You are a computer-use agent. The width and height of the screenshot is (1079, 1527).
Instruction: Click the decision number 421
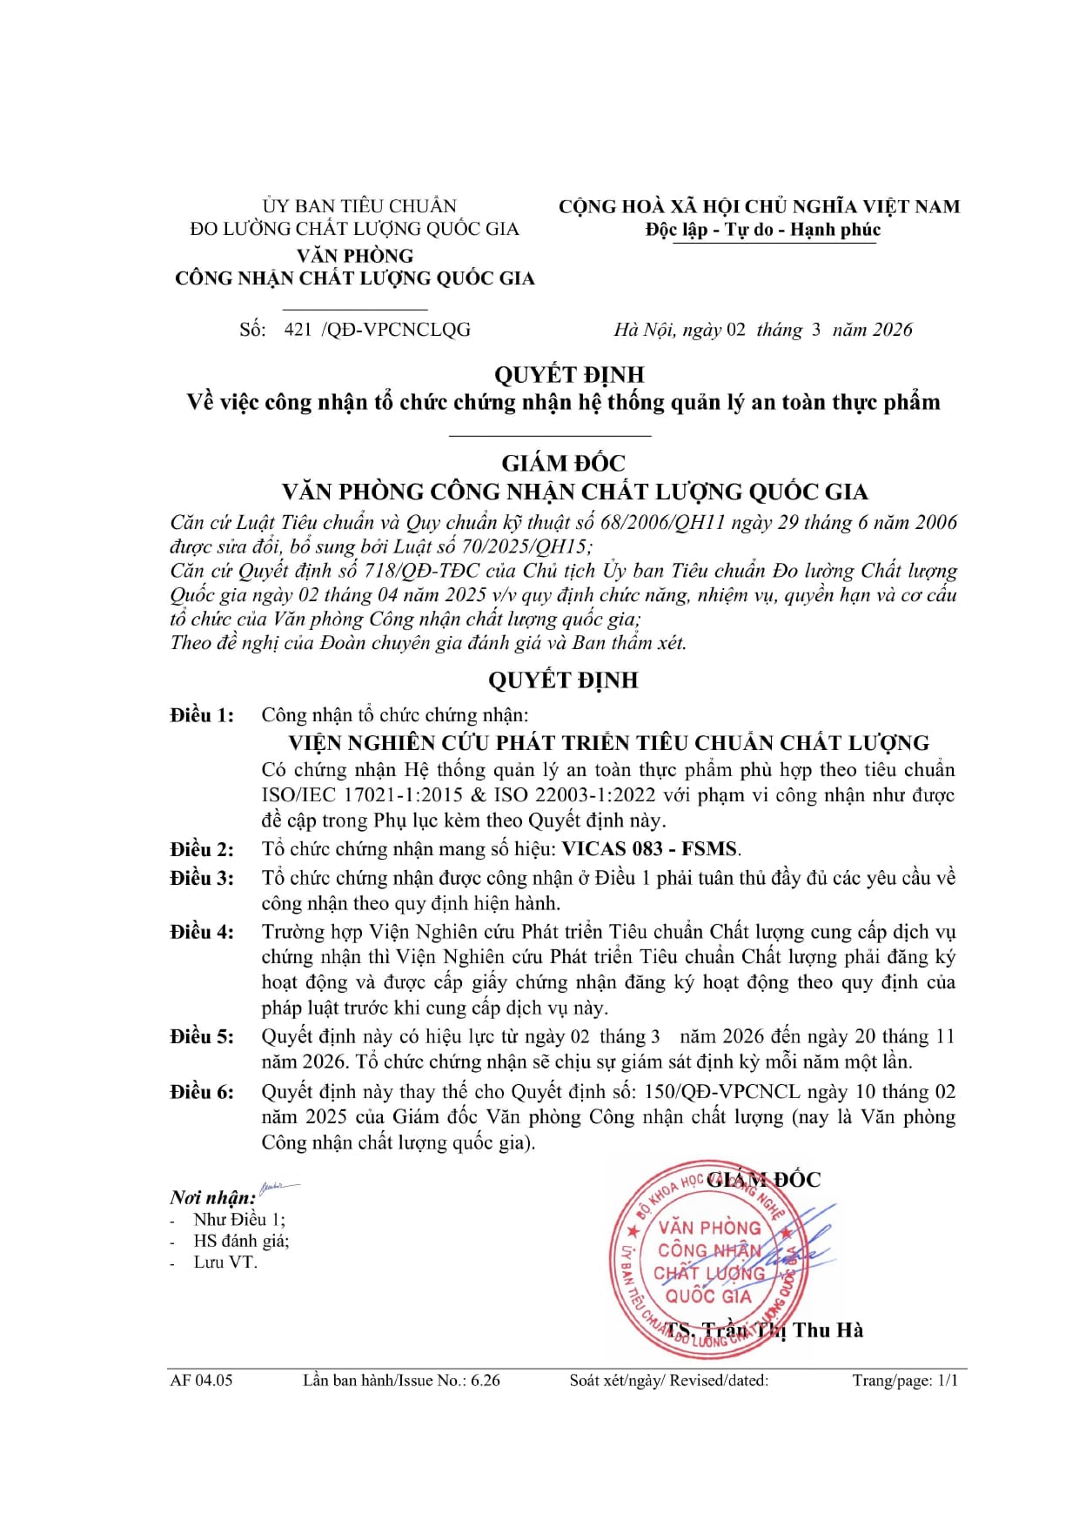click(x=298, y=330)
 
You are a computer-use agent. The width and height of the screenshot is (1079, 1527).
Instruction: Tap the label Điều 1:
click(x=202, y=715)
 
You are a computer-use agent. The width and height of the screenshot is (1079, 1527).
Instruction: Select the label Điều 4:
click(x=202, y=932)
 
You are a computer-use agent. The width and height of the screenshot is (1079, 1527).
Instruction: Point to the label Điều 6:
click(x=202, y=1092)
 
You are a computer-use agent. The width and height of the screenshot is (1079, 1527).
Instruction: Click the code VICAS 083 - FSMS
click(x=650, y=849)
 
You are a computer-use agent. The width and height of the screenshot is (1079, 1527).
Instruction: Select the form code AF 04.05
click(x=201, y=1380)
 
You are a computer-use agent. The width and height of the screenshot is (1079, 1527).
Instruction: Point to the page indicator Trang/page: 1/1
click(x=904, y=1380)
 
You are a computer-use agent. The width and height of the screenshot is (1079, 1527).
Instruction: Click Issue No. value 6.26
click(x=486, y=1380)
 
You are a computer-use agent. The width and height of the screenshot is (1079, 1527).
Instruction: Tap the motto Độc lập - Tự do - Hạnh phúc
click(x=762, y=230)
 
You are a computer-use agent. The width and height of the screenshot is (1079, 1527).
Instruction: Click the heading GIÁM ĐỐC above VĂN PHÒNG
click(x=563, y=463)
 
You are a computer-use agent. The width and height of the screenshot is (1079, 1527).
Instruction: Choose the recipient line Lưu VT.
click(x=225, y=1262)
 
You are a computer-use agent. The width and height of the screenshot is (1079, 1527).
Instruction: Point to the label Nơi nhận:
click(x=212, y=1198)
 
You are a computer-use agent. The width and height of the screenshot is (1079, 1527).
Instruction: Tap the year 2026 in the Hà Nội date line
click(x=892, y=330)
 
